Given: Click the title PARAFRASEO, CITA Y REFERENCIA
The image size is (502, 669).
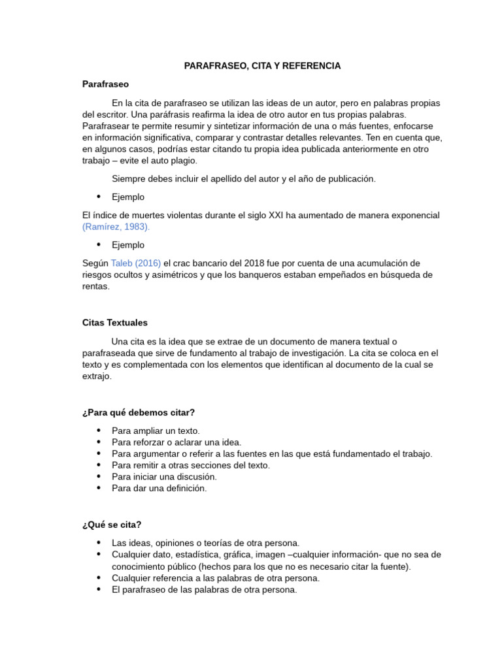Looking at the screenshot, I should click(x=262, y=66).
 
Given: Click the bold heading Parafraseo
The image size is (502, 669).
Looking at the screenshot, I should click(x=105, y=84).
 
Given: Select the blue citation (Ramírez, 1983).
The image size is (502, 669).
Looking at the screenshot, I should click(x=116, y=227).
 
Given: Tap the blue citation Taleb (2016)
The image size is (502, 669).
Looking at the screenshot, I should click(x=136, y=263).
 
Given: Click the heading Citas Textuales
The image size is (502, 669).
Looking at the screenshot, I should click(x=115, y=323).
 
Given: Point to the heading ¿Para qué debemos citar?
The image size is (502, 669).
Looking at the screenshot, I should click(x=139, y=412).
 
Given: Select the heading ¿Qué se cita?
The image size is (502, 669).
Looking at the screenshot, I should click(x=112, y=525).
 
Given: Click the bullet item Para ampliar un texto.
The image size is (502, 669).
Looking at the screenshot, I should click(x=156, y=431).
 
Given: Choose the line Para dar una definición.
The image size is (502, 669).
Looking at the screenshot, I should click(x=159, y=488).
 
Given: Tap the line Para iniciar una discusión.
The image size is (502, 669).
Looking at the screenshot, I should click(x=164, y=476).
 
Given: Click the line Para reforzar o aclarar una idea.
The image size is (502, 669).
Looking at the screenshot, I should click(x=176, y=442).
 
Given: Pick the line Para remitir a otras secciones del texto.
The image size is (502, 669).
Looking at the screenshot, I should click(x=191, y=465).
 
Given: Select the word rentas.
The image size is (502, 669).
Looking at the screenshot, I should click(x=96, y=286).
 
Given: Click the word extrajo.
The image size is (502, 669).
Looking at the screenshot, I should click(x=97, y=376).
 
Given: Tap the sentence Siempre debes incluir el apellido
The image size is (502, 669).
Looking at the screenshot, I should click(x=244, y=178).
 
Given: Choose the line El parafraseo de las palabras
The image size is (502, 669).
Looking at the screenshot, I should click(x=204, y=589).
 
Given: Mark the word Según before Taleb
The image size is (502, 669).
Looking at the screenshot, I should click(x=95, y=263).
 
